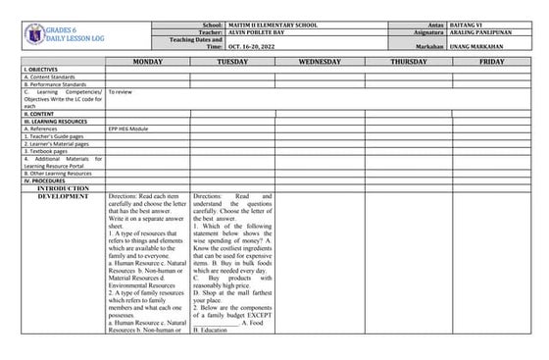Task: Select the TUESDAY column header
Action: [232, 62]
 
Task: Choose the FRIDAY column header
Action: [492, 62]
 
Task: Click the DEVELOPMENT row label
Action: [63, 196]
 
